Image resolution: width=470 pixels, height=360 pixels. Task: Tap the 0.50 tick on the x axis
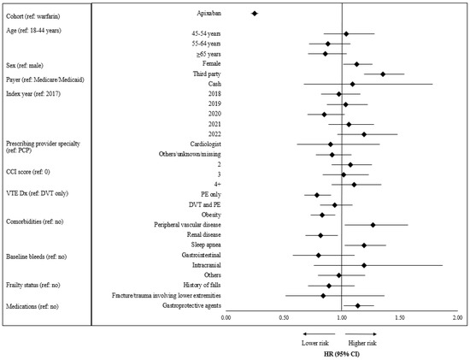(284, 318)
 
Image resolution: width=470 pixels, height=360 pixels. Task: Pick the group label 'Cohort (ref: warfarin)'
(40, 16)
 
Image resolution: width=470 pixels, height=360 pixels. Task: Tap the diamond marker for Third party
(383, 74)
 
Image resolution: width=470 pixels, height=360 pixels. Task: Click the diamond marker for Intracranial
(364, 265)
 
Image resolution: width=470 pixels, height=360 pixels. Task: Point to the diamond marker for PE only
(317, 195)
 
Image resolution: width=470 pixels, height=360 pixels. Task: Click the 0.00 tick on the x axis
(226, 318)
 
